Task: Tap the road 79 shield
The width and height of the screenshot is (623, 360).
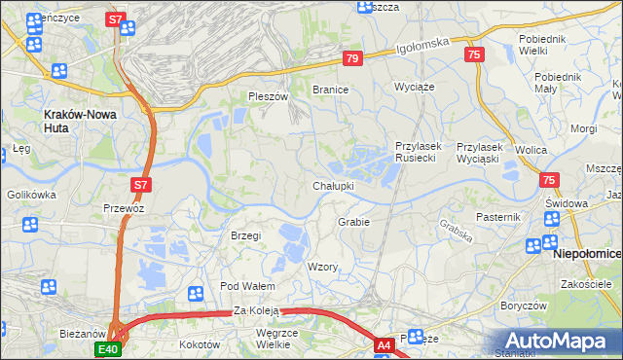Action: (x=352, y=59)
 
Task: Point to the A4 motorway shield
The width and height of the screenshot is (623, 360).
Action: (x=385, y=344)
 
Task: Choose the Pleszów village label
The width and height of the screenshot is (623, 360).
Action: (x=269, y=97)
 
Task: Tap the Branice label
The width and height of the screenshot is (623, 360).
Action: (x=330, y=89)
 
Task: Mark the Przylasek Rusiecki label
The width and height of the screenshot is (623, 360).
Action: (x=419, y=152)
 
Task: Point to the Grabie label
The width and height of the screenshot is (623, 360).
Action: (x=353, y=222)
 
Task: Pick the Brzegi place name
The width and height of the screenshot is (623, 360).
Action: (x=245, y=235)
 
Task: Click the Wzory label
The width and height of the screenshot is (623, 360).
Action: (x=322, y=267)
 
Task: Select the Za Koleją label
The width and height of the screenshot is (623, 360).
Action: (x=257, y=311)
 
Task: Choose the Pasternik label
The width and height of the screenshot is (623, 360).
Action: (x=499, y=216)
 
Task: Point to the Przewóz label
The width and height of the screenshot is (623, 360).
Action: (x=124, y=207)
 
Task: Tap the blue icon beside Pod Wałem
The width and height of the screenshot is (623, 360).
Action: (x=196, y=292)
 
